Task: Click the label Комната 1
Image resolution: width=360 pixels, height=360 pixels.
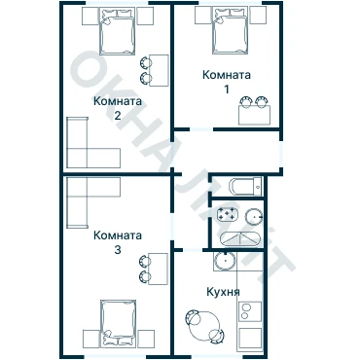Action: (227, 82)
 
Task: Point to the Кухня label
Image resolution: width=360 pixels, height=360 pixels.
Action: (223, 292)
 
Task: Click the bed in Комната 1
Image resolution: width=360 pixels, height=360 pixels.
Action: (231, 31)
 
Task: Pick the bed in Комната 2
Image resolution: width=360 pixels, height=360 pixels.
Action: (117, 31)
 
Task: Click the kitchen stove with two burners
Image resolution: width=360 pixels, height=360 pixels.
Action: (250, 311)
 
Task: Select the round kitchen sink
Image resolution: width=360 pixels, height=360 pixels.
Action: (225, 262)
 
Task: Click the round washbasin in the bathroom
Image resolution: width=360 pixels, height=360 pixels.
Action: (254, 217)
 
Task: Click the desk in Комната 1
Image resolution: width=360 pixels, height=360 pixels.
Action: (254, 115)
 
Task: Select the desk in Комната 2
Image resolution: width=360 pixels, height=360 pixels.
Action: (159, 70)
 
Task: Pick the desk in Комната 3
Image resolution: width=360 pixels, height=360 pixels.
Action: (158, 269)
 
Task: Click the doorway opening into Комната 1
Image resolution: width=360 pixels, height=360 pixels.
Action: (201, 129)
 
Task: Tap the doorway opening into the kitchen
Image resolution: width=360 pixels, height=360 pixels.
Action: (193, 250)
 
